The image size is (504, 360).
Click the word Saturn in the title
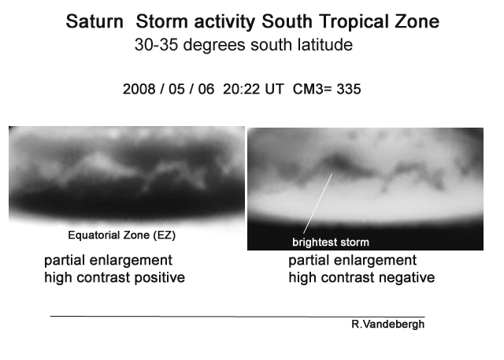click(94, 22)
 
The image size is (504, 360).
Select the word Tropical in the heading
click(355, 22)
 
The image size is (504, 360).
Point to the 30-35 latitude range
click(156, 45)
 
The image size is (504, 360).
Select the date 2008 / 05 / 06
click(169, 89)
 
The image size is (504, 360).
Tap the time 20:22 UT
click(254, 89)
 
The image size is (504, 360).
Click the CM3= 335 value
click(327, 89)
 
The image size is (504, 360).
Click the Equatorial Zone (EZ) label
click(122, 236)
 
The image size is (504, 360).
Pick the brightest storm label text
click(331, 242)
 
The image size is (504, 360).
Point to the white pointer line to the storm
click(317, 203)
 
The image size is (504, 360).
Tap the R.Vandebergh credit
click(388, 325)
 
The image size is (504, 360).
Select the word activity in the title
click(224, 22)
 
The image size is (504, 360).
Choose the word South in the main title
click(287, 22)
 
